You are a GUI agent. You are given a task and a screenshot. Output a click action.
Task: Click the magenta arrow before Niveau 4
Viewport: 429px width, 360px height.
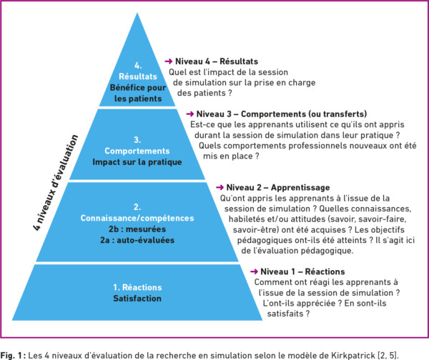pyautogui.click(x=168, y=61)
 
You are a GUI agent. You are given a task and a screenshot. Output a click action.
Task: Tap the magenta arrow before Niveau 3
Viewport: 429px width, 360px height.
pyautogui.click(x=190, y=114)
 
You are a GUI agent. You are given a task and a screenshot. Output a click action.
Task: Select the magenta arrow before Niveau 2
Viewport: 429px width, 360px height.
pyautogui.click(x=220, y=187)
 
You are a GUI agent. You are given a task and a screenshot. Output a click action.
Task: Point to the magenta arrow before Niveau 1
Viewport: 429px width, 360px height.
pyautogui.click(x=254, y=271)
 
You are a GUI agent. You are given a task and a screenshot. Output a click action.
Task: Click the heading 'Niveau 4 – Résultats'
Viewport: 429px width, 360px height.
pyautogui.click(x=217, y=61)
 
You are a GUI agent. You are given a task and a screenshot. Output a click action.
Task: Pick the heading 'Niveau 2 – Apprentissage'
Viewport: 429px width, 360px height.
pyautogui.click(x=278, y=188)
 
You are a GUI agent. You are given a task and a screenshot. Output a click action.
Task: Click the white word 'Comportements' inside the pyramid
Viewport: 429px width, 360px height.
pyautogui.click(x=137, y=151)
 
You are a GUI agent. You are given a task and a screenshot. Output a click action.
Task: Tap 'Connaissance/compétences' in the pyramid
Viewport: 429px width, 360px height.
pyautogui.click(x=137, y=218)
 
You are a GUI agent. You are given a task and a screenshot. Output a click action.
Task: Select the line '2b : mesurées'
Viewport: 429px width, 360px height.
pyautogui.click(x=137, y=229)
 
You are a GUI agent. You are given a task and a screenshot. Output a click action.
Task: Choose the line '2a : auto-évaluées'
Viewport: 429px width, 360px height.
pyautogui.click(x=137, y=240)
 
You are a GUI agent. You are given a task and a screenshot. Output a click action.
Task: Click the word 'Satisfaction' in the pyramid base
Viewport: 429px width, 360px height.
pyautogui.click(x=137, y=299)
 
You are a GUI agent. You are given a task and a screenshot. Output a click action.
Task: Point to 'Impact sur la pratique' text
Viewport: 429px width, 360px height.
pyautogui.click(x=137, y=162)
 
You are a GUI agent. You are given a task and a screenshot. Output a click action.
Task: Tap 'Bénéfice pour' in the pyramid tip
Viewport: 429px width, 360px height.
pyautogui.click(x=138, y=87)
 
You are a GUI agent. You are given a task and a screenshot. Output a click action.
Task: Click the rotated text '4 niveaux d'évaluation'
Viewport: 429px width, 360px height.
pyautogui.click(x=56, y=182)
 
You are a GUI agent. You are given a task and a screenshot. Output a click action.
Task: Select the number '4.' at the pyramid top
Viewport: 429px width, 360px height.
pyautogui.click(x=138, y=66)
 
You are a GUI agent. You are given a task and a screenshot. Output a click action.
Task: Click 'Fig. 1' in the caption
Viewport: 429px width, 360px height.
pyautogui.click(x=11, y=356)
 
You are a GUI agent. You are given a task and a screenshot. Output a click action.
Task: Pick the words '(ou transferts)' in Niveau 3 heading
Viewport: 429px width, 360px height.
pyautogui.click(x=337, y=114)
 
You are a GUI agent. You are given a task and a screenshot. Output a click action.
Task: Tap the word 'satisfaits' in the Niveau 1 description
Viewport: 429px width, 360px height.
pyautogui.click(x=285, y=314)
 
